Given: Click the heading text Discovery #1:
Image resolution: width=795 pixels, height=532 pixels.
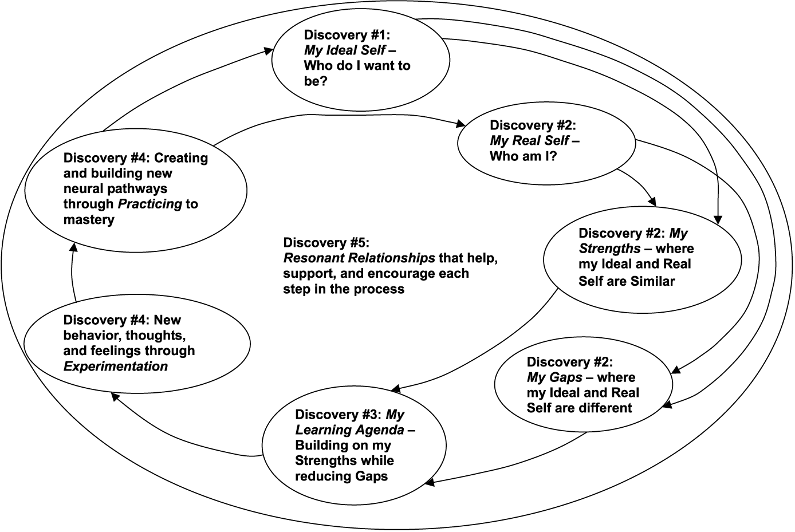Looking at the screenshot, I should pos(347,34).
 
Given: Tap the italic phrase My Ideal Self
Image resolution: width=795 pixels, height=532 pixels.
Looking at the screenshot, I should pos(344,50).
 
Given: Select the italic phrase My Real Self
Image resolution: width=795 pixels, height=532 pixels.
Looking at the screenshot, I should pos(529,141).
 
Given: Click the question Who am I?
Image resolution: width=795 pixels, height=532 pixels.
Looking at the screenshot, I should pos(523,156).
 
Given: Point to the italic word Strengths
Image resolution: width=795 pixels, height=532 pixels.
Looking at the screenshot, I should pos(609,249).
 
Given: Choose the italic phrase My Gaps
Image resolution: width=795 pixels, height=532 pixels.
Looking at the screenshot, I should pos(554,377).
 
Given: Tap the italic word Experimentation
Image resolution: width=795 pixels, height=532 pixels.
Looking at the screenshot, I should pos(115,367).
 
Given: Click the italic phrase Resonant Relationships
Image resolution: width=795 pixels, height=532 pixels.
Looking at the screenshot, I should pos(359,258).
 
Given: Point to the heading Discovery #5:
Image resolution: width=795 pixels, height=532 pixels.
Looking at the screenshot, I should pos(326,242).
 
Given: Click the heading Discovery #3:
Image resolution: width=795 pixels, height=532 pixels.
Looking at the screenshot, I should pos(339,415).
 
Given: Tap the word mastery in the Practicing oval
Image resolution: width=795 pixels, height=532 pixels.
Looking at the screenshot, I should pos(89,220).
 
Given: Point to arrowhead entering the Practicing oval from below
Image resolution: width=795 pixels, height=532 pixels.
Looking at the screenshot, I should pos(73,247).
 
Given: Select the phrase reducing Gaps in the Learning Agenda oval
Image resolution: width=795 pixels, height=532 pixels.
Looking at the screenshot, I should pos(341,476).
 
